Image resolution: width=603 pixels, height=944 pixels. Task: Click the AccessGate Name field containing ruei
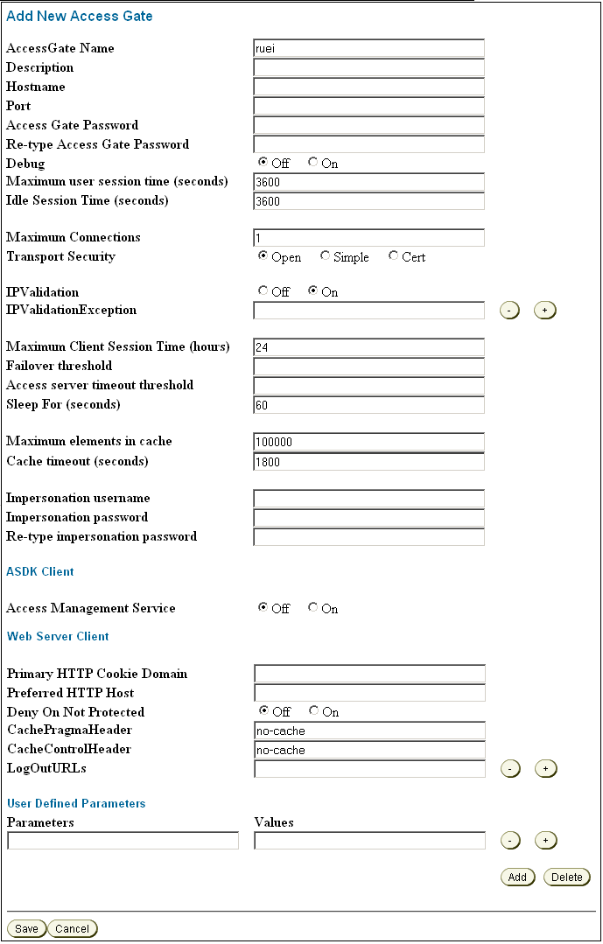tap(368, 48)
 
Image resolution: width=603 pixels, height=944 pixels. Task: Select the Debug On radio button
tap(313, 163)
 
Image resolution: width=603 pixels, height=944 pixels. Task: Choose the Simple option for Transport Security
tap(326, 256)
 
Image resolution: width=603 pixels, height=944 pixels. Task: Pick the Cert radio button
tap(394, 256)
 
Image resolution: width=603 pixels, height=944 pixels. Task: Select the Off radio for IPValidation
tap(263, 291)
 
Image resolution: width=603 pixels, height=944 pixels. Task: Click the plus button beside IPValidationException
tap(545, 311)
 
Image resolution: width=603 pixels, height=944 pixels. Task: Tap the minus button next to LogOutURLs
tap(510, 769)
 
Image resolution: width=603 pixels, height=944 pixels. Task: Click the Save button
tap(26, 928)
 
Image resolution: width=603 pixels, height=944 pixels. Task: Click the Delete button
tap(567, 877)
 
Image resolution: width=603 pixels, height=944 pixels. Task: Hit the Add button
tap(517, 877)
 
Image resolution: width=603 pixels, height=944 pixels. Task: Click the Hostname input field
tap(368, 87)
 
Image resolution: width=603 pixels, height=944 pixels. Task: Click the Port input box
tap(368, 106)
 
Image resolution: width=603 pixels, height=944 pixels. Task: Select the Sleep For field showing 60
tap(368, 405)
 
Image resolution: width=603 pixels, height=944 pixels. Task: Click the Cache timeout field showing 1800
tap(368, 461)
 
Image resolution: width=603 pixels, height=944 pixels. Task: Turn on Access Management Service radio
tap(313, 608)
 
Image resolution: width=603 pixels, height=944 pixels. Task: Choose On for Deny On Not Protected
tap(314, 711)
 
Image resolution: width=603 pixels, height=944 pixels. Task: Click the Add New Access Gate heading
tap(80, 16)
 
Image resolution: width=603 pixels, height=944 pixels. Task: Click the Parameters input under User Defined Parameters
tap(123, 841)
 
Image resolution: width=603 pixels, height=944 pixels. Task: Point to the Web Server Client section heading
tap(58, 636)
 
